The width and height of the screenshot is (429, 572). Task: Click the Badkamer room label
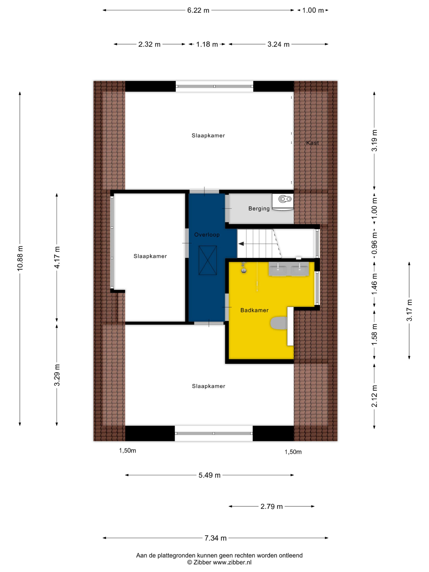254,310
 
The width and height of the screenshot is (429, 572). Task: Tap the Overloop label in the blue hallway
207,235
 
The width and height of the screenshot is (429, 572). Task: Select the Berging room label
259,209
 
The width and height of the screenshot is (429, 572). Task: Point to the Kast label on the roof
312,143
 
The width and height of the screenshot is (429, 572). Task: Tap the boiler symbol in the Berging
285,199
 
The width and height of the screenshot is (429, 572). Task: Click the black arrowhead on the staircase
241,244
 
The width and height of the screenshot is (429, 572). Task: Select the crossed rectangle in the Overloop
208,260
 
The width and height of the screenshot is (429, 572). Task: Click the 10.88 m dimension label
20,259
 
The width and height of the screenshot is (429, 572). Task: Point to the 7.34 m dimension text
215,538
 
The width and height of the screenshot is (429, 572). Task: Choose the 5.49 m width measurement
209,475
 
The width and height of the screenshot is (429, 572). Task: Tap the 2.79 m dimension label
271,506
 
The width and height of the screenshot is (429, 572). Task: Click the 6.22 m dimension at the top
198,10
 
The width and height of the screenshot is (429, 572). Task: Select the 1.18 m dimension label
207,44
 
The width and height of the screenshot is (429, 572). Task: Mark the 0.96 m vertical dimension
374,243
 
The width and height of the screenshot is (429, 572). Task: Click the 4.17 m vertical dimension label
57,257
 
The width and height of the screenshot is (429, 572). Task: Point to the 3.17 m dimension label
409,310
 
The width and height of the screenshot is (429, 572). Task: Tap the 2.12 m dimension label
374,396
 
